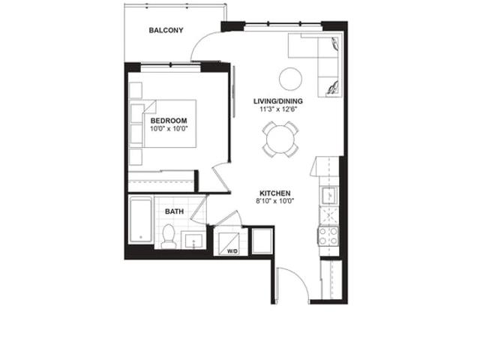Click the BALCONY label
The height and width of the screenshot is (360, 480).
[x=166, y=30]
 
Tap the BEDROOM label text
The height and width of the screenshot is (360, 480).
[x=169, y=121]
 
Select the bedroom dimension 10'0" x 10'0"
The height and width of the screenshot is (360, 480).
[x=169, y=128]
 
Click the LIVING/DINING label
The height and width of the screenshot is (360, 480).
[x=278, y=101]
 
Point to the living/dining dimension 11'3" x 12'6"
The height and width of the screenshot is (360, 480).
[x=278, y=109]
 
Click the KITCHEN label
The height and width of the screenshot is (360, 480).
[x=275, y=193]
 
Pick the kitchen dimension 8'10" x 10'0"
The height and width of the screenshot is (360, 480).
[x=275, y=201]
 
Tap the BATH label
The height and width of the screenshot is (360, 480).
[x=175, y=211]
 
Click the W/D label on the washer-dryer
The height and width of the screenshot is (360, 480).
[x=232, y=251]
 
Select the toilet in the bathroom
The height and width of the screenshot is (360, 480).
[x=168, y=237]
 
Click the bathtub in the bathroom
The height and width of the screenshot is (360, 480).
[x=141, y=220]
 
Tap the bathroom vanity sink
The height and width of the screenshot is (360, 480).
[x=193, y=241]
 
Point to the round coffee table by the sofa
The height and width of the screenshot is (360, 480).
[x=290, y=79]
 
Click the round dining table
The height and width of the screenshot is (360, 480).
[x=280, y=139]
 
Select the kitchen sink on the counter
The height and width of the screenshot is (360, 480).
[x=329, y=195]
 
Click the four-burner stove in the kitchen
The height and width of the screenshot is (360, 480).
[x=328, y=236]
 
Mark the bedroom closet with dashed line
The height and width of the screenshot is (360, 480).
[x=161, y=181]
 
